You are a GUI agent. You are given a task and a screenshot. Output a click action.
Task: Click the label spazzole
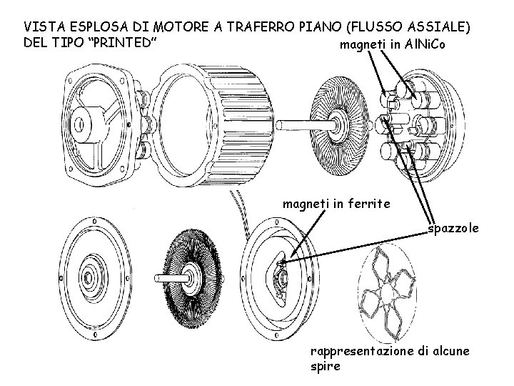pos(453,229)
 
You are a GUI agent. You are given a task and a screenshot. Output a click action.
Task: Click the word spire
pos(325,367)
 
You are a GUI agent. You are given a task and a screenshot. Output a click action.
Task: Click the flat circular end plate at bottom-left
pos(95,275)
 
